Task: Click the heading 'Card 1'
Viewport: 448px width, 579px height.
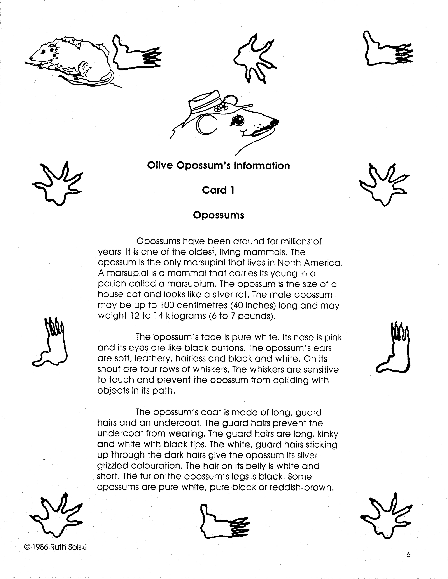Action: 218,190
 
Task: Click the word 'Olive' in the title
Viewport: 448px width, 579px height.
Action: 160,166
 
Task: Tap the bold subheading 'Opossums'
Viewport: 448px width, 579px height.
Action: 218,215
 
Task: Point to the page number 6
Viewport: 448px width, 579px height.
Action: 408,554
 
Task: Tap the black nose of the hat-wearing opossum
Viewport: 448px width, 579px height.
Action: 274,122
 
